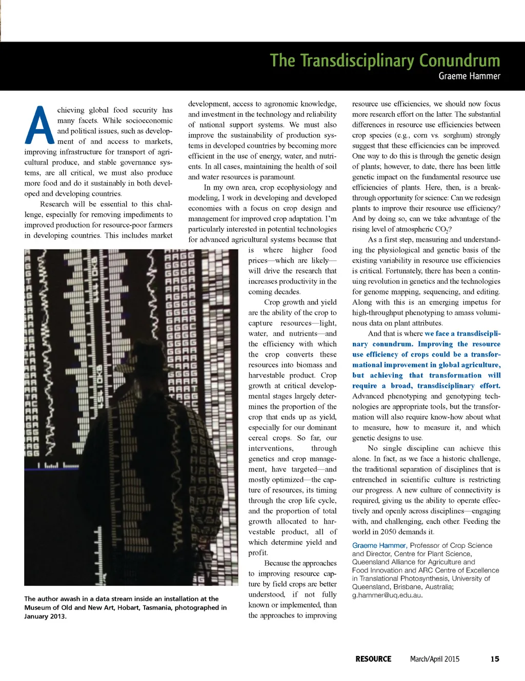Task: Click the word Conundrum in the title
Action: click(x=459, y=60)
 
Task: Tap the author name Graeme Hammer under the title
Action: click(x=469, y=76)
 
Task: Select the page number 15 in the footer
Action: click(x=494, y=659)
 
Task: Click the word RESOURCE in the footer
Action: click(x=373, y=659)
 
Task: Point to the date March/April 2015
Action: click(x=434, y=659)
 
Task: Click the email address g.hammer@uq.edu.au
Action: click(x=387, y=595)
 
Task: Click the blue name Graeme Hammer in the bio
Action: click(x=379, y=546)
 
